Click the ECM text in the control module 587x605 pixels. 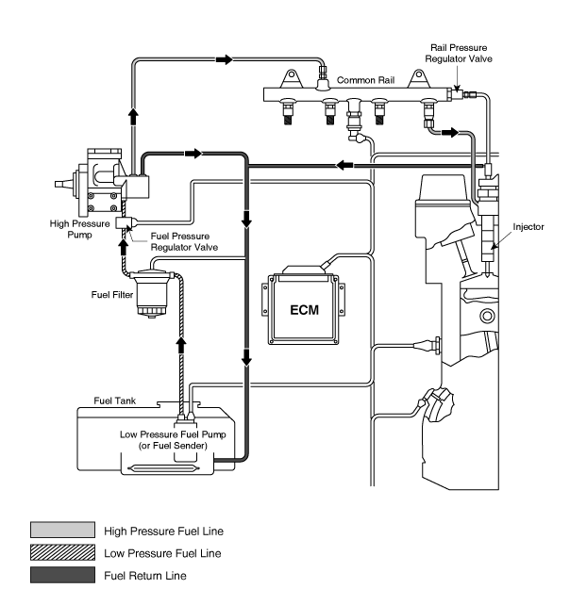pyautogui.click(x=304, y=310)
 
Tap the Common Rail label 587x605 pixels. pyautogui.click(x=365, y=80)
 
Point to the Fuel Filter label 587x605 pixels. pyautogui.click(x=112, y=295)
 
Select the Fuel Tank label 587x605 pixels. pyautogui.click(x=115, y=401)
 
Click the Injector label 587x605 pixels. pyautogui.click(x=528, y=227)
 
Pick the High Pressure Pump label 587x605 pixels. pyautogui.click(x=79, y=229)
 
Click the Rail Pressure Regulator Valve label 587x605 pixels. pyautogui.click(x=459, y=54)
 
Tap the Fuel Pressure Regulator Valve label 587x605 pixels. pyautogui.click(x=184, y=241)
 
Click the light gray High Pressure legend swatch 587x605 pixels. pyautogui.click(x=62, y=530)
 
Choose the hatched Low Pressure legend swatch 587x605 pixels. pyautogui.click(x=62, y=552)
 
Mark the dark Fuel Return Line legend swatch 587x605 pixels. pyautogui.click(x=62, y=575)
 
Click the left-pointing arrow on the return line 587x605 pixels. pyautogui.click(x=344, y=165)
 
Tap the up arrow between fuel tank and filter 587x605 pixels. pyautogui.click(x=181, y=345)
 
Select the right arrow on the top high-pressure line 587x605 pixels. pyautogui.click(x=224, y=59)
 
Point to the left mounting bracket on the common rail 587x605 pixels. pyautogui.click(x=292, y=79)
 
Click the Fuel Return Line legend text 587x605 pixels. pyautogui.click(x=145, y=576)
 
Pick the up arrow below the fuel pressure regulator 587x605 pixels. pyautogui.click(x=124, y=247)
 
